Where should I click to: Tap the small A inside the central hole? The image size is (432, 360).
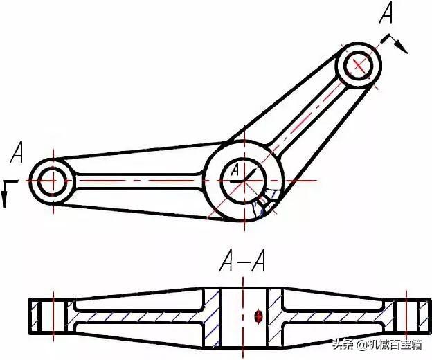(x=235, y=168)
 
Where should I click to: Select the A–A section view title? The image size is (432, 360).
(x=242, y=262)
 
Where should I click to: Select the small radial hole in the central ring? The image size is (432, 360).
(x=264, y=201)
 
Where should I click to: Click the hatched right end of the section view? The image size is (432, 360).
(x=416, y=317)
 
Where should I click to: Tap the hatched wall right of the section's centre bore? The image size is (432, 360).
(x=275, y=317)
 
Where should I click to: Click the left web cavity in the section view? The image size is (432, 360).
(x=138, y=317)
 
